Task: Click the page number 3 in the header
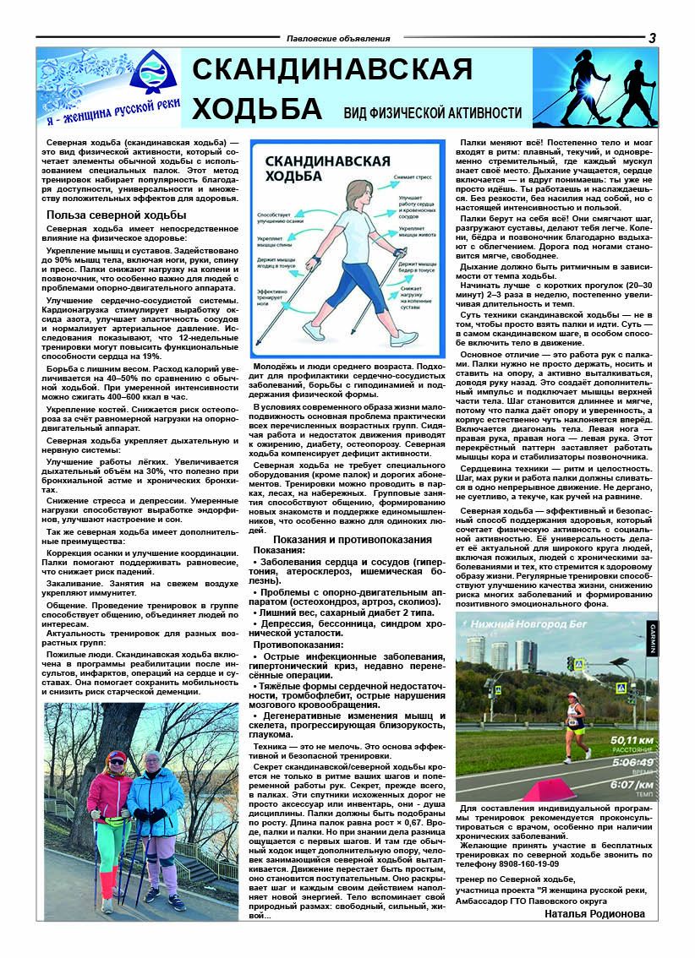(652, 37)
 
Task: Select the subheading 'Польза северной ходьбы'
(111, 215)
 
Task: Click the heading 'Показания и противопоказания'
(347, 539)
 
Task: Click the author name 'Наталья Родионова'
(594, 913)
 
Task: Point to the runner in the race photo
(575, 725)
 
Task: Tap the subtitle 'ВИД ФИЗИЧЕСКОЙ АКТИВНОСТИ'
(432, 113)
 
